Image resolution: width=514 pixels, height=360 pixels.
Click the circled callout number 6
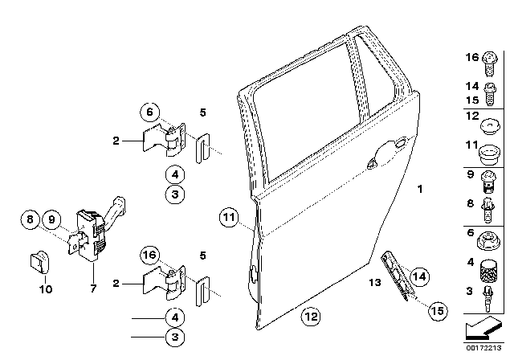tap(150, 112)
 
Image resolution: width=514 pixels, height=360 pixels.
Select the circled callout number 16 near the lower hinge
tap(150, 255)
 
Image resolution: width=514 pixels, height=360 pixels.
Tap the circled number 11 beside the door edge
tap(229, 218)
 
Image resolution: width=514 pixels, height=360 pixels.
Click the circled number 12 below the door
tap(311, 317)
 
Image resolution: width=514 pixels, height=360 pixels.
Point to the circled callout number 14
tap(419, 276)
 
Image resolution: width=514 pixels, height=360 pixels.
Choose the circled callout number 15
tap(438, 311)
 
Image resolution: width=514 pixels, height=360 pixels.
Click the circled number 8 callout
tap(30, 219)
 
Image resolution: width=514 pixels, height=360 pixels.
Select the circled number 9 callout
tap(51, 219)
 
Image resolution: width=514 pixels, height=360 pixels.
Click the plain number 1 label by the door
tap(419, 189)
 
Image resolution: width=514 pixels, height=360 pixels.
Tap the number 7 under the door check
tap(93, 288)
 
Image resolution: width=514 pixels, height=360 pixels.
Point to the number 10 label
tap(46, 289)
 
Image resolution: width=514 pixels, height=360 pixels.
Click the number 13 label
tap(375, 282)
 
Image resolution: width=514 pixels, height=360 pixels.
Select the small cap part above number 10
tap(39, 262)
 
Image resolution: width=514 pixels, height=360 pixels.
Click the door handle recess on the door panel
tap(387, 153)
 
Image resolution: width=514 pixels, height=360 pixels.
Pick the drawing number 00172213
tap(483, 348)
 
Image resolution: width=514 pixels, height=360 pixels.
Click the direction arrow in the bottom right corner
tap(483, 329)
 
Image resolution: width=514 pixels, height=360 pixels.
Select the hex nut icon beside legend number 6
tap(488, 240)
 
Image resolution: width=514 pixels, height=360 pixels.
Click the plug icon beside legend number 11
tap(489, 154)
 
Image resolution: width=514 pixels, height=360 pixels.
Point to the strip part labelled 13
tap(397, 275)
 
